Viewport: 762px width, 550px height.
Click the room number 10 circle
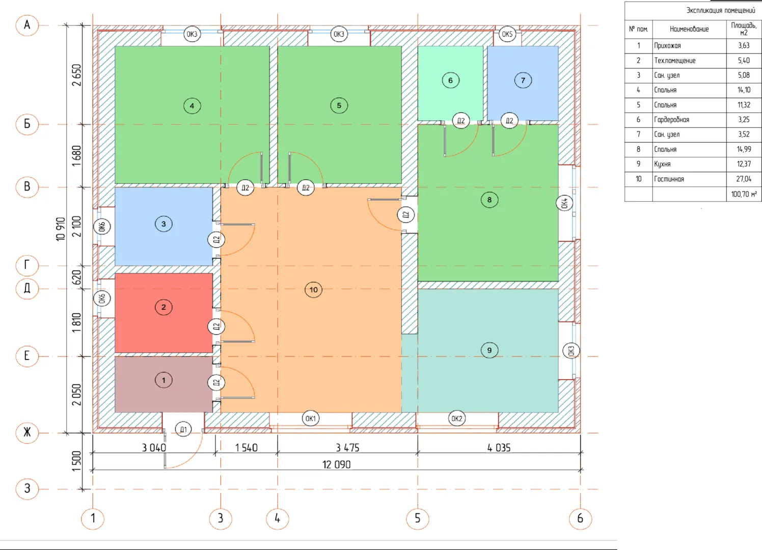click(x=313, y=290)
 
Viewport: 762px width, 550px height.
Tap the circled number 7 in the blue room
click(x=523, y=80)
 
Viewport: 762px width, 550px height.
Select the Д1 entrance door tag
click(x=183, y=429)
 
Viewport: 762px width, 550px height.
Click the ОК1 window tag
click(x=310, y=419)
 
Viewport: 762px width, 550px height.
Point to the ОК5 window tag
click(x=507, y=34)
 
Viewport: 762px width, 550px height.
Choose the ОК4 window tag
click(x=564, y=203)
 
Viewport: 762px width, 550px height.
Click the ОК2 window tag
click(x=456, y=419)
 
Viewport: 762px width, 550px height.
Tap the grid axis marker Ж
click(x=27, y=432)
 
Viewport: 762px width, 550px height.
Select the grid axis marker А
click(x=27, y=25)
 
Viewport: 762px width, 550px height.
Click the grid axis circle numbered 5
click(x=417, y=518)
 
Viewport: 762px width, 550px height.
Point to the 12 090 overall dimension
click(x=336, y=464)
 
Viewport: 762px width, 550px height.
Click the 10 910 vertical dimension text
click(x=60, y=229)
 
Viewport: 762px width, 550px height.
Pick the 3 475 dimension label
click(x=347, y=448)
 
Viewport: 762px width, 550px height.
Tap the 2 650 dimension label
click(x=77, y=75)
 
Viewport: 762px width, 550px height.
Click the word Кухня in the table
click(x=662, y=164)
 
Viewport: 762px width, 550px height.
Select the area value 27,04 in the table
click(x=744, y=179)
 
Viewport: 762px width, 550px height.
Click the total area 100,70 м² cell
click(x=744, y=194)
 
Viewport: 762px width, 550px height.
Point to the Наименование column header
click(x=689, y=29)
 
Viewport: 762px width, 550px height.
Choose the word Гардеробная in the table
click(x=671, y=120)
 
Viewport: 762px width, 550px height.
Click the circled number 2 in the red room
click(x=164, y=307)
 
